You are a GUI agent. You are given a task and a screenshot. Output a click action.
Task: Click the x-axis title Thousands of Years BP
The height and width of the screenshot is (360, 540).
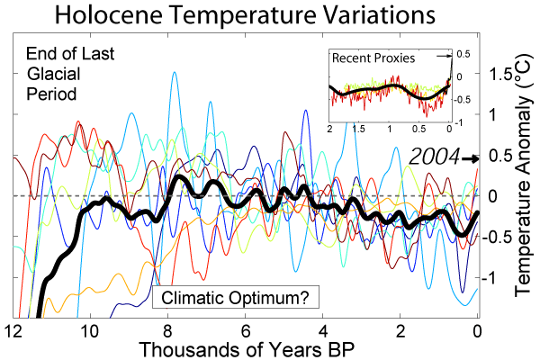pyautogui.click(x=244, y=346)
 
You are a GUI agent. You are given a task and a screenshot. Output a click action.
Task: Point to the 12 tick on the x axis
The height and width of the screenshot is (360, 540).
pyautogui.click(x=13, y=328)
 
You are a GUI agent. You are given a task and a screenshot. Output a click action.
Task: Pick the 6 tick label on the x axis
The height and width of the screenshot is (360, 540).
pyautogui.click(x=246, y=328)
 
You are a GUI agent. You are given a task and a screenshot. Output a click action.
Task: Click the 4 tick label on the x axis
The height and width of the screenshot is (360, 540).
pyautogui.click(x=323, y=328)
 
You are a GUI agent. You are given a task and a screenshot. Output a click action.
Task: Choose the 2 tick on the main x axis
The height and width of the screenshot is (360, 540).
pyautogui.click(x=400, y=328)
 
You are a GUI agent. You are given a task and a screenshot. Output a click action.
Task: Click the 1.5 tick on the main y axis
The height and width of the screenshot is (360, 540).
pyautogui.click(x=499, y=73)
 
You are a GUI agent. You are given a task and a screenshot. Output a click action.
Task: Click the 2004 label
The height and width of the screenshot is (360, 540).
pyautogui.click(x=434, y=157)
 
